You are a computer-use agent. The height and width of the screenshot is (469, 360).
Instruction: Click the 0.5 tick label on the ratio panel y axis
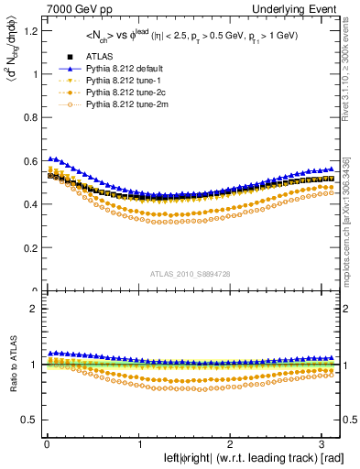coord(29,420)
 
